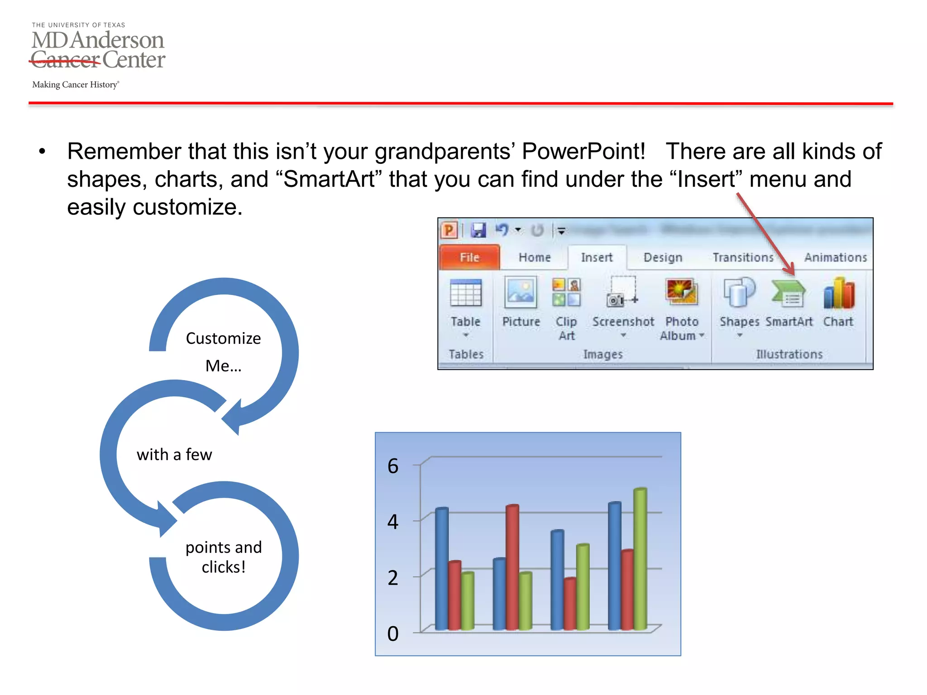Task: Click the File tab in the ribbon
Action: pyautogui.click(x=469, y=257)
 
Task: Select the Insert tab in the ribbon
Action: pyautogui.click(x=596, y=257)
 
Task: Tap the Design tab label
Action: pyautogui.click(x=662, y=257)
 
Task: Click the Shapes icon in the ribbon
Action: pyautogui.click(x=739, y=293)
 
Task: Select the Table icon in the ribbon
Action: pyautogui.click(x=465, y=293)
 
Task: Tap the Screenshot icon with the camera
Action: pyautogui.click(x=622, y=293)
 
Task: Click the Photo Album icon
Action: pyautogui.click(x=681, y=292)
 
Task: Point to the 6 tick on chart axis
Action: pyautogui.click(x=392, y=466)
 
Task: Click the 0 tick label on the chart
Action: pyautogui.click(x=392, y=633)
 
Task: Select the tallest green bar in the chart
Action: pyautogui.click(x=640, y=559)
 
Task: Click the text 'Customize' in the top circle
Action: pyautogui.click(x=223, y=338)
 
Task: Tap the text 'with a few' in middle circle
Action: pyautogui.click(x=174, y=454)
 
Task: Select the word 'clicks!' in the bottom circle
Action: pyautogui.click(x=223, y=567)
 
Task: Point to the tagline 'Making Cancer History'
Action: pyautogui.click(x=75, y=85)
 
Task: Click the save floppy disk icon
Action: pyautogui.click(x=478, y=230)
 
